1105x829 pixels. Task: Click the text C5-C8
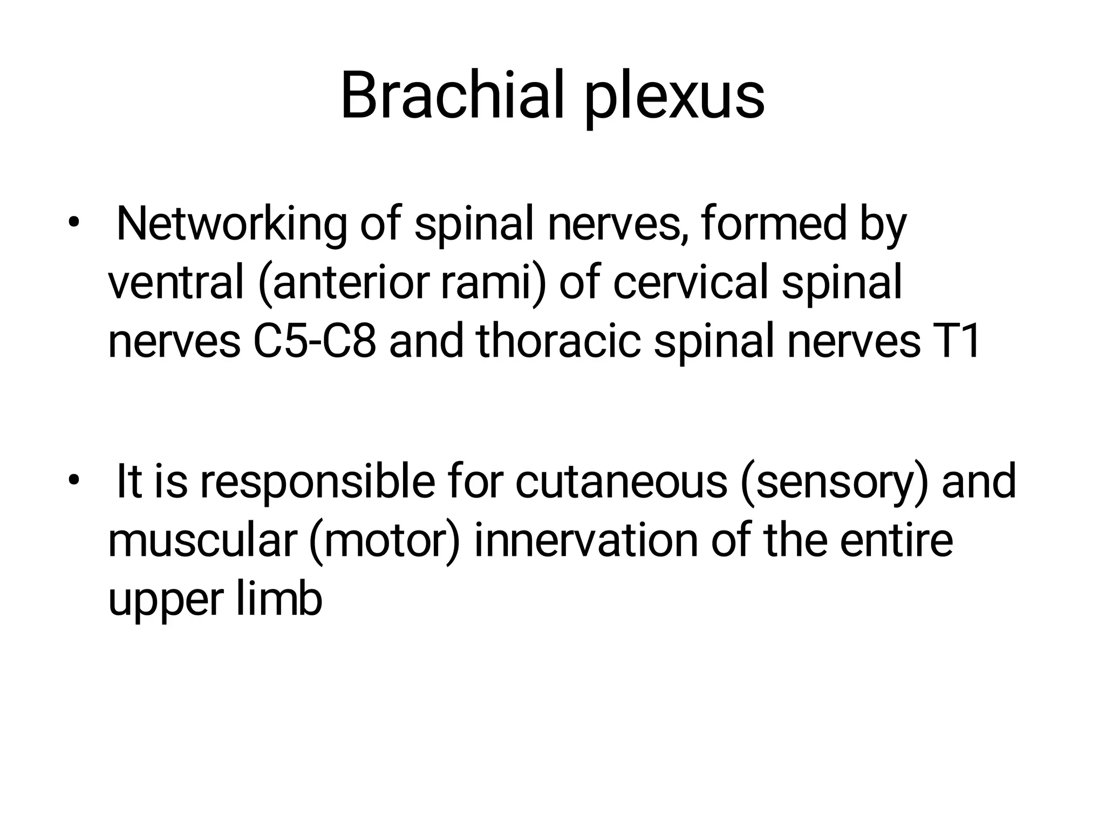pos(314,342)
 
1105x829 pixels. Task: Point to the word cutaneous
pos(620,481)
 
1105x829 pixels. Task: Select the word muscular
pos(202,541)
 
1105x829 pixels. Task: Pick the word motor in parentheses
pos(384,541)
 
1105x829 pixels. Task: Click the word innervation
pos(586,541)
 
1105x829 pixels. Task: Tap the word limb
pos(279,599)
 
